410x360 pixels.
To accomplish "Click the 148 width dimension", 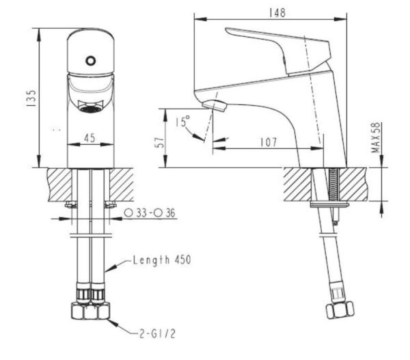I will [277, 13].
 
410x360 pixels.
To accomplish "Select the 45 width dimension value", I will [89, 138].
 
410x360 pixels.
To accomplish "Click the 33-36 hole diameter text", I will [150, 214].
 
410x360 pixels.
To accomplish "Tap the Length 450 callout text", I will [161, 260].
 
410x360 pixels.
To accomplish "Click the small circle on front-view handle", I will [90, 61].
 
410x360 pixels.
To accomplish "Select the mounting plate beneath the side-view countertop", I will [329, 204].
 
